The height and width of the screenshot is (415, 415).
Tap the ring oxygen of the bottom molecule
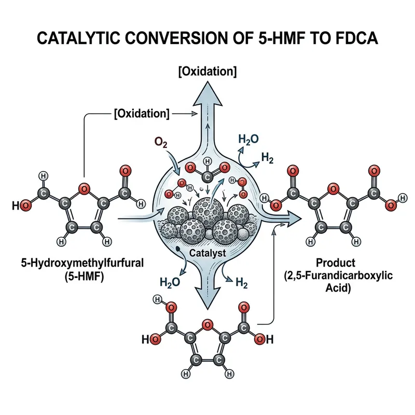[x=207, y=325]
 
